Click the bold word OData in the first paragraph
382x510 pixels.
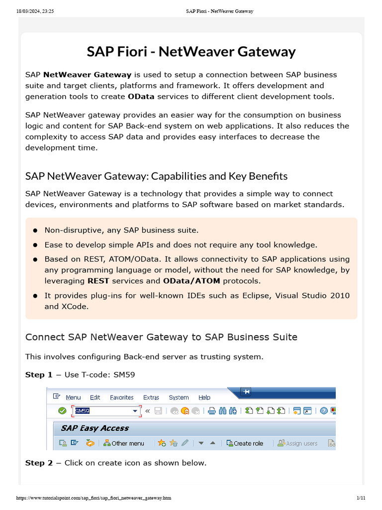pos(140,96)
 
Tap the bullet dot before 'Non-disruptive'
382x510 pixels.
pos(35,231)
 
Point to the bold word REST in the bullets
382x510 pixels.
pos(98,281)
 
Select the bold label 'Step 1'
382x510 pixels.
pos(38,375)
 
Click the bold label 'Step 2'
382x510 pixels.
pos(39,463)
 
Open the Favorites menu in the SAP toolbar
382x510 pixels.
pos(121,397)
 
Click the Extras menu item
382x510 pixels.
pos(151,397)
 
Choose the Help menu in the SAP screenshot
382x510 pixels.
pos(204,397)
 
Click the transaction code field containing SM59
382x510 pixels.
pos(104,411)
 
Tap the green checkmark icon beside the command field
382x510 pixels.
pos(62,411)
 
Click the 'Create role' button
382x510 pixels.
pos(245,443)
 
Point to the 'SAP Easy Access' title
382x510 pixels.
pos(95,428)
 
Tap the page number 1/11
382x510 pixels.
pos(361,498)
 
